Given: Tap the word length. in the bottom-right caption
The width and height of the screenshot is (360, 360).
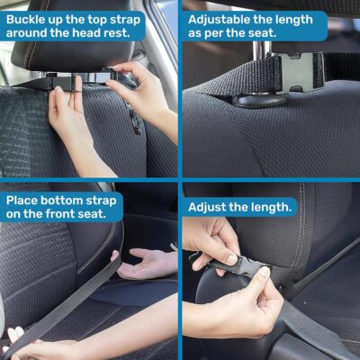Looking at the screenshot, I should coord(268,206).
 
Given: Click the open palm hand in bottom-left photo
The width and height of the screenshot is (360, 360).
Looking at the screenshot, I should coord(148,264).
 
